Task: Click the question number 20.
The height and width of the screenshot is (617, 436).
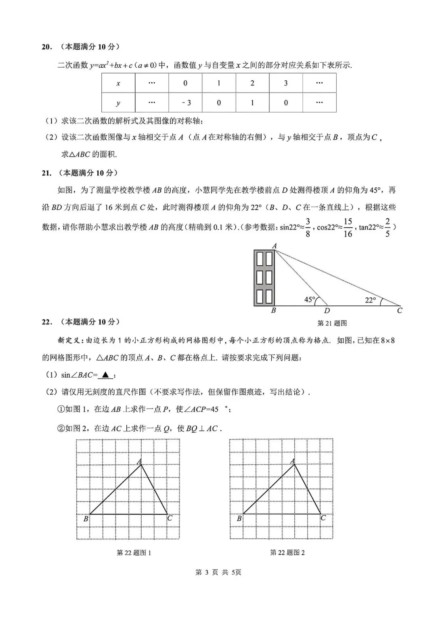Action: (x=47, y=47)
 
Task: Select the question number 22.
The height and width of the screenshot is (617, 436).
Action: (x=47, y=322)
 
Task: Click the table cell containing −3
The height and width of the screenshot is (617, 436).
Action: (x=185, y=103)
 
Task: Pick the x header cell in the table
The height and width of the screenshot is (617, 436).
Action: (x=118, y=84)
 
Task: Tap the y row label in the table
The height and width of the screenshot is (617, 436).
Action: (x=118, y=103)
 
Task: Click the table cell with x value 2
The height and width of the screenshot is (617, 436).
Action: (x=252, y=84)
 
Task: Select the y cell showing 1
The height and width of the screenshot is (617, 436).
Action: (x=252, y=103)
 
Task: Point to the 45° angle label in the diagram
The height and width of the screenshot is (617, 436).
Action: (x=309, y=300)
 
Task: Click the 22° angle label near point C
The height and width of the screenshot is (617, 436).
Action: (x=370, y=300)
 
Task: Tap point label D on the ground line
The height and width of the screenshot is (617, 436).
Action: (x=327, y=311)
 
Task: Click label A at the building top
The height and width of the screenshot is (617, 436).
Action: (x=275, y=246)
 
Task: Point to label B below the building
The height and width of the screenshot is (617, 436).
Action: (x=273, y=311)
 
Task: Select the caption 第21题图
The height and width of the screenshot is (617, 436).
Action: (x=332, y=323)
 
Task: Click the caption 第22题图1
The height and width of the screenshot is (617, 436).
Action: (x=134, y=552)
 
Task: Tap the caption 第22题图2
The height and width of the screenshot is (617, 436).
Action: (x=287, y=552)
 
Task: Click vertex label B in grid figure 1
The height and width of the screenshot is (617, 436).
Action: (x=86, y=519)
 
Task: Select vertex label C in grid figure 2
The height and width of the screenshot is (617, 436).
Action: (x=323, y=518)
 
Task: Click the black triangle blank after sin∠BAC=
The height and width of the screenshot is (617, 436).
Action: (x=105, y=375)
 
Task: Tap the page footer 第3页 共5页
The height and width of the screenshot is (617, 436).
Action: (x=218, y=572)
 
